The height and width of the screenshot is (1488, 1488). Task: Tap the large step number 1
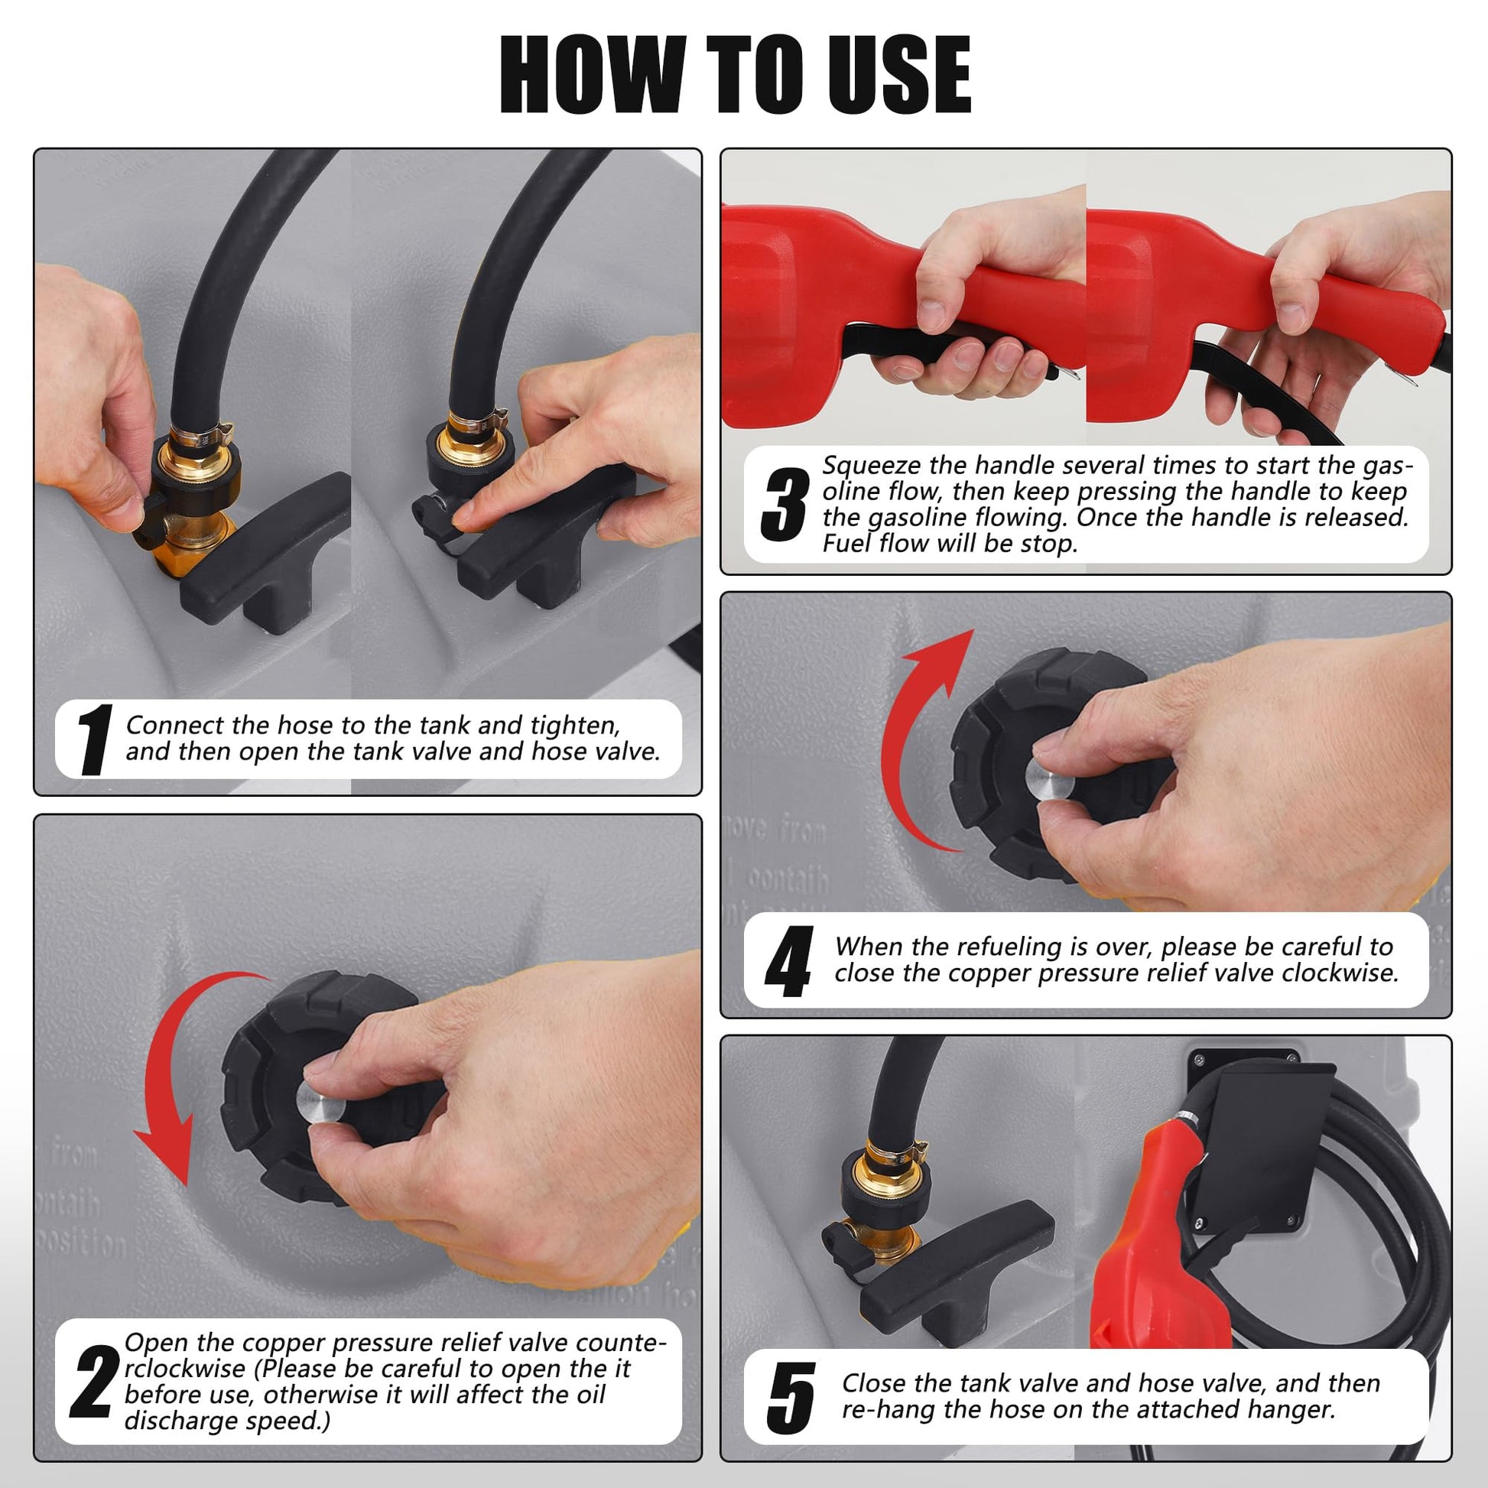pyautogui.click(x=95, y=739)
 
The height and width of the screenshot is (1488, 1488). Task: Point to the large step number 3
pyautogui.click(x=784, y=505)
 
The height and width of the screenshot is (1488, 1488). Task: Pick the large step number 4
pyautogui.click(x=788, y=961)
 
